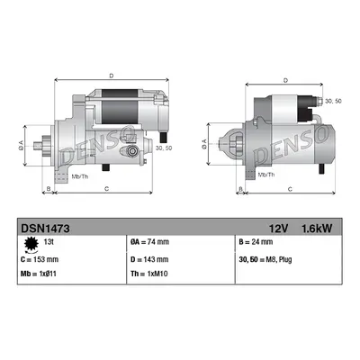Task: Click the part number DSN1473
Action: click(45, 229)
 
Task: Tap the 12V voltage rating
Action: click(278, 229)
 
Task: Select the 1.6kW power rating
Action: click(317, 229)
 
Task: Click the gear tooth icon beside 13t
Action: click(31, 244)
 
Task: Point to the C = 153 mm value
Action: click(40, 259)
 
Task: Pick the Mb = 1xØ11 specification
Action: click(39, 274)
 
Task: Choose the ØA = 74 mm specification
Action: click(149, 242)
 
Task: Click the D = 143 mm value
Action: click(149, 259)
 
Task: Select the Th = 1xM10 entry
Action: click(149, 274)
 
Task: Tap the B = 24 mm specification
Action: click(256, 242)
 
